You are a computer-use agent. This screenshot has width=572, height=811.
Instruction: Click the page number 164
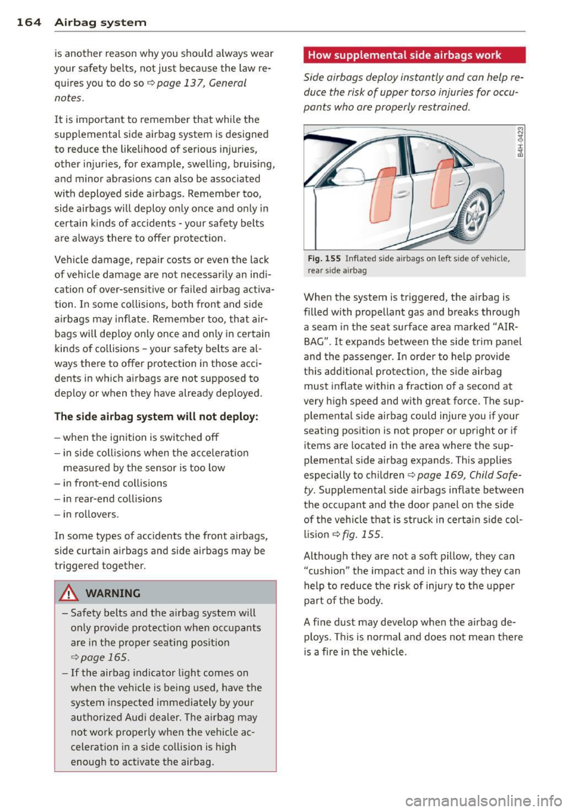[x=29, y=23]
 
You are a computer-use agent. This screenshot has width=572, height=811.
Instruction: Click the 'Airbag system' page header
[x=100, y=23]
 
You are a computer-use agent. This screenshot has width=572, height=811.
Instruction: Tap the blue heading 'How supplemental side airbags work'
[x=405, y=55]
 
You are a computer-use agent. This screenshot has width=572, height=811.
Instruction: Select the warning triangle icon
[x=71, y=593]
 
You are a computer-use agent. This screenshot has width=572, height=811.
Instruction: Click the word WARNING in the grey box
[x=113, y=594]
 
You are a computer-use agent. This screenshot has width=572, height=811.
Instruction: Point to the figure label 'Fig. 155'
[x=324, y=259]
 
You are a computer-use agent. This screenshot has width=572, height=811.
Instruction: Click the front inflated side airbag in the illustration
[x=383, y=195]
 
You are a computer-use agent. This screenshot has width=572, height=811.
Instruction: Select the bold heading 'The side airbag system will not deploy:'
[x=156, y=417]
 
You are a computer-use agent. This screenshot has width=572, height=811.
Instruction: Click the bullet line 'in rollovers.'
[x=90, y=514]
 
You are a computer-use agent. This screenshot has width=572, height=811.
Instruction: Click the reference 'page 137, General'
[x=201, y=83]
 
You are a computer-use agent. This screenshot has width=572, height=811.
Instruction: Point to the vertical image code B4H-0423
[x=520, y=143]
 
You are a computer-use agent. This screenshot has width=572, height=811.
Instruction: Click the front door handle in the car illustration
[x=402, y=194]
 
